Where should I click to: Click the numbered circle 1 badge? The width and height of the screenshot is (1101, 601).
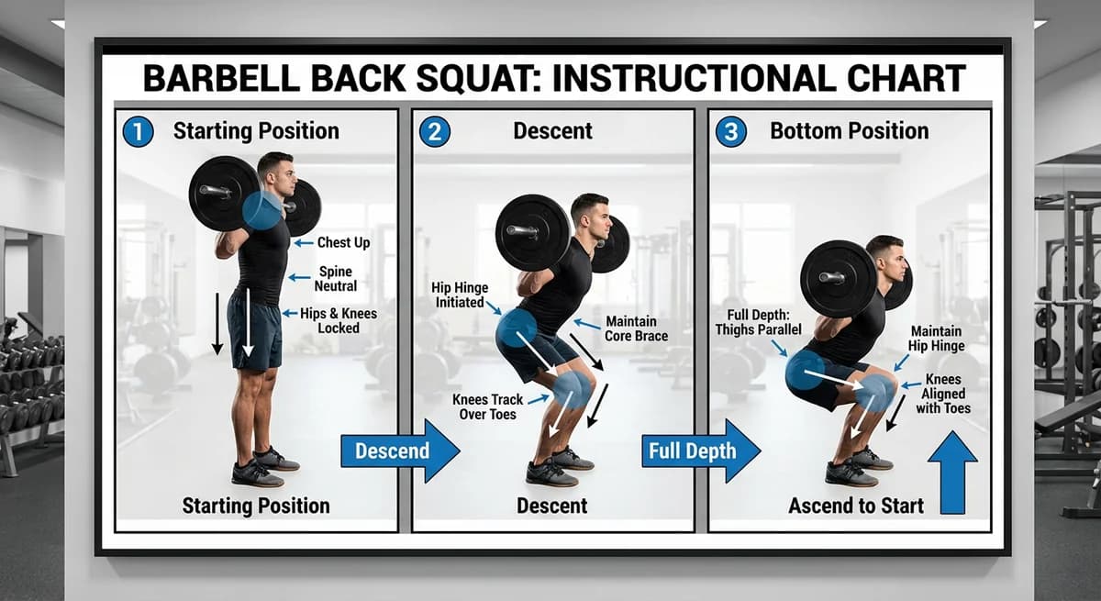138,131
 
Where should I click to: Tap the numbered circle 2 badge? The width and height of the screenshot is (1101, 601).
434,131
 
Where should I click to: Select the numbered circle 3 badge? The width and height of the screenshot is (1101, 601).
730,131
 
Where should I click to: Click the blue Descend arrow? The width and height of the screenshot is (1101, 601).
400,451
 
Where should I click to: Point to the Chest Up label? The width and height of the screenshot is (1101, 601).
343,243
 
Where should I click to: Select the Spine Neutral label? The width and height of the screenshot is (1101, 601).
336,279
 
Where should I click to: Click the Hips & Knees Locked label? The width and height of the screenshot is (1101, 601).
339,320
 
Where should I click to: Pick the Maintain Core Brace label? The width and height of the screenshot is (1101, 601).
630,328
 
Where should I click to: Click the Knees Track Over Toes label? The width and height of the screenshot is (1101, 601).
488,406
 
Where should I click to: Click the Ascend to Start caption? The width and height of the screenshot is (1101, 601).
856,505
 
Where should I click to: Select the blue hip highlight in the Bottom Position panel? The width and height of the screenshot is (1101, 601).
805,371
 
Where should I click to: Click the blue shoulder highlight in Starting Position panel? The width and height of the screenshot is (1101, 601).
263,210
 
